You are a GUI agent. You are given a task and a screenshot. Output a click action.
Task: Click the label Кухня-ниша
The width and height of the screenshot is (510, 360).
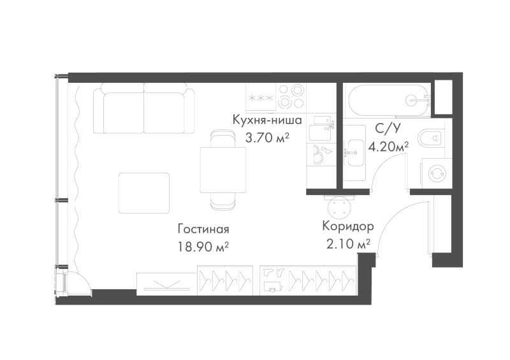[x=267, y=120]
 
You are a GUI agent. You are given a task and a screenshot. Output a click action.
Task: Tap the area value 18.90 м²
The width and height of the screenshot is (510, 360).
[x=203, y=247]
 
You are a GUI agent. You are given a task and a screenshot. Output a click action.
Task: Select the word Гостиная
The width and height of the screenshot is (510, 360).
[x=203, y=229]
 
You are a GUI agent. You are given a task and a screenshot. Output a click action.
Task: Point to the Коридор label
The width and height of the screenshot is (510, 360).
[x=348, y=226]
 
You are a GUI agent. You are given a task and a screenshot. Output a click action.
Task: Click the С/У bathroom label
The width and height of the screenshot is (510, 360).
[x=388, y=129]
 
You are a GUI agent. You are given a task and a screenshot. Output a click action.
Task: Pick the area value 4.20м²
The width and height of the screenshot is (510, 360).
[x=388, y=147]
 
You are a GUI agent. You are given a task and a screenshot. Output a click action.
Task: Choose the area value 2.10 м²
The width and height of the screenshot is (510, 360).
[x=348, y=243]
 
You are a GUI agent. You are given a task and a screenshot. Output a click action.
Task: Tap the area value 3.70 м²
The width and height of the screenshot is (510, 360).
[x=267, y=138]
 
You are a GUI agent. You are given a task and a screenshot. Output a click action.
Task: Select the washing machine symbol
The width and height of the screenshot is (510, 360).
[x=436, y=173]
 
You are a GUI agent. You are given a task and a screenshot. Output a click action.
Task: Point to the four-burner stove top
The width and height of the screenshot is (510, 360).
[x=291, y=96]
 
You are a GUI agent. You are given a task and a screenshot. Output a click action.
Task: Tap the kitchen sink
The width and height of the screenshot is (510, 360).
[x=321, y=128]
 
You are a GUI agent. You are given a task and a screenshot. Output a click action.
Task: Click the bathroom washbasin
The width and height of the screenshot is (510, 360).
[x=354, y=152]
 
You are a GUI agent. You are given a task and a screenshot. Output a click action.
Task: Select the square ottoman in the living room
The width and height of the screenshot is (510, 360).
[x=144, y=193]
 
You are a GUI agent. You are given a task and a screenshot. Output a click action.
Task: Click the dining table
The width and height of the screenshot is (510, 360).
[x=222, y=169]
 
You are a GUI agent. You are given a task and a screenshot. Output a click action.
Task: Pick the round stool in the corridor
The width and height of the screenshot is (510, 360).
[x=340, y=206]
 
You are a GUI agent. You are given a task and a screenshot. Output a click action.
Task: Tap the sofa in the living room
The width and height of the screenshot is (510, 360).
[x=143, y=108]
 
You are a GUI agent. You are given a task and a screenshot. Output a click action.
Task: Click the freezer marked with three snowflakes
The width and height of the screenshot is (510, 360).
[x=261, y=97]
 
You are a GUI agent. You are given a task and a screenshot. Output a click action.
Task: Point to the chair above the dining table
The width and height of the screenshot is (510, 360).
[x=222, y=138]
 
